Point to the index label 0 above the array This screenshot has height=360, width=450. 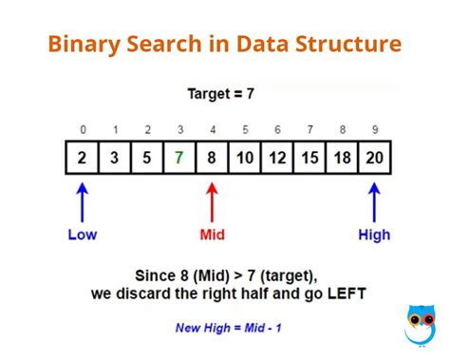tap(83, 130)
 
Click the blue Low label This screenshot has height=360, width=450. tap(83, 235)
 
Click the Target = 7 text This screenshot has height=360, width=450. tap(222, 94)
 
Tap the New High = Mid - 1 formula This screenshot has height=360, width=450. tap(227, 328)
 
